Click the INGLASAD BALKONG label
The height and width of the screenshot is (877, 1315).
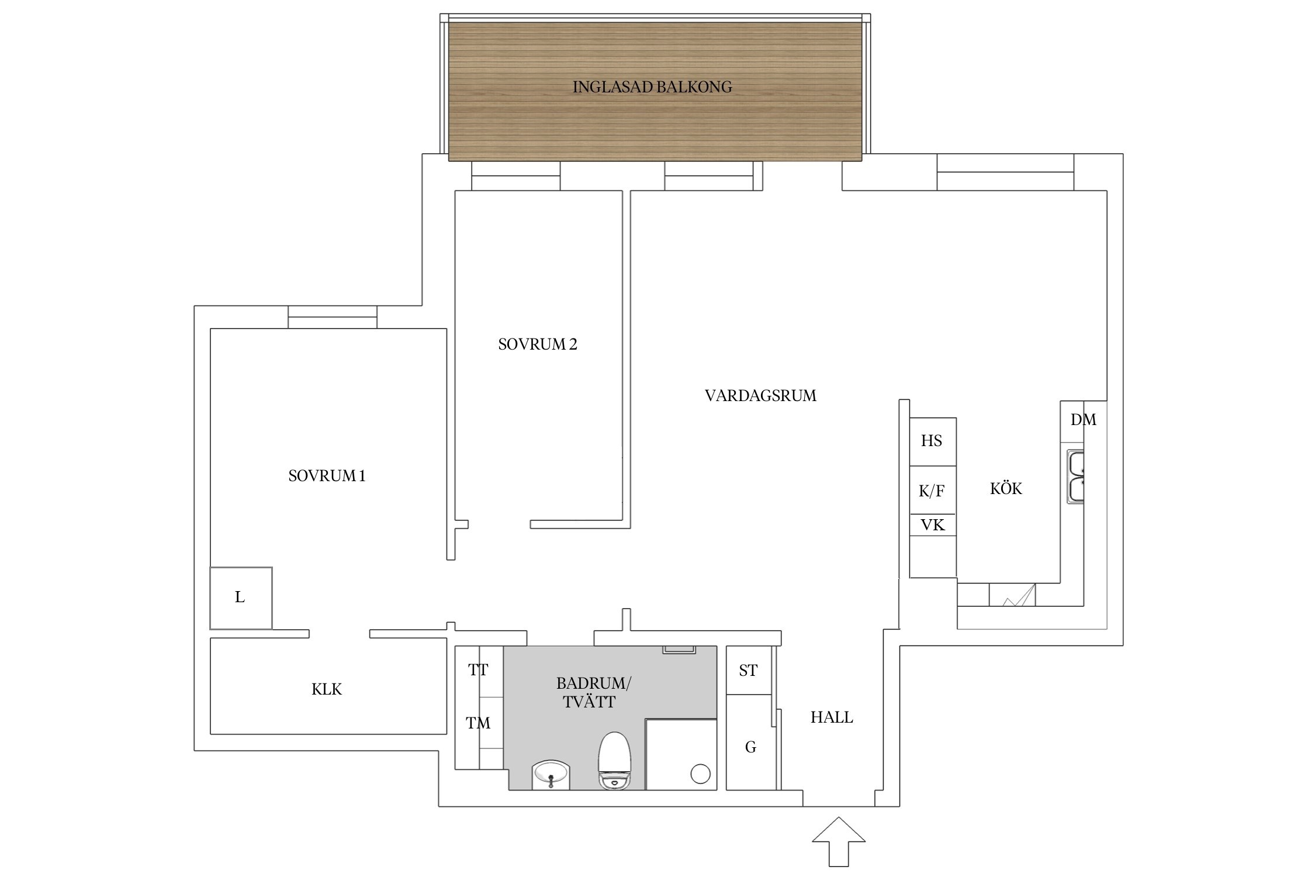coord(652,87)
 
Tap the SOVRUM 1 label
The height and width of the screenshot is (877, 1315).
coord(327,476)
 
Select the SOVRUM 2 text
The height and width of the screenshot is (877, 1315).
coord(537,344)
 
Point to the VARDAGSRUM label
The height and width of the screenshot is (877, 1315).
coord(760,396)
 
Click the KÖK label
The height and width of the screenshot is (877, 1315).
coord(1006,489)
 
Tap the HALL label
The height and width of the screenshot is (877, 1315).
coord(831,717)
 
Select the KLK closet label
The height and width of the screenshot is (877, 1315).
coord(326,689)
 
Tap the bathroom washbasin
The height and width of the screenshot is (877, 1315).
coord(550,775)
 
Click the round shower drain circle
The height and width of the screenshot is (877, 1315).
coord(700,774)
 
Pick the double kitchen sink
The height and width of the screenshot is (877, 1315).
coord(1075,477)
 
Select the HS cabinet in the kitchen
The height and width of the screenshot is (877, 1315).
coord(932,441)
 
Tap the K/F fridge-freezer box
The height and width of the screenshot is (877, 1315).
coord(932,491)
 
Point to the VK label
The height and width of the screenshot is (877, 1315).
coord(932,525)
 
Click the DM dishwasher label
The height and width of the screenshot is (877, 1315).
coord(1083,420)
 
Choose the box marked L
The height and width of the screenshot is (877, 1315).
coord(240,598)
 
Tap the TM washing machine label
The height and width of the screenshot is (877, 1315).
coord(478,723)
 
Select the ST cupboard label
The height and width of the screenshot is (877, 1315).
coord(748,671)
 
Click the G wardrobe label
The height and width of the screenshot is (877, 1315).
coord(750,747)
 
